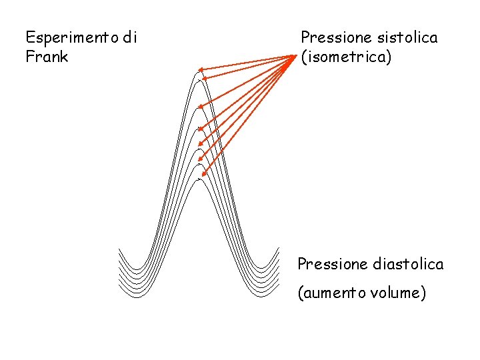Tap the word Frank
point(47,57)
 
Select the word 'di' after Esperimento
point(129,38)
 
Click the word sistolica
point(407,38)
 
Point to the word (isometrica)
point(346,57)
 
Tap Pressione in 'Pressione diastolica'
point(330,265)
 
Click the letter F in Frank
point(29,57)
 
